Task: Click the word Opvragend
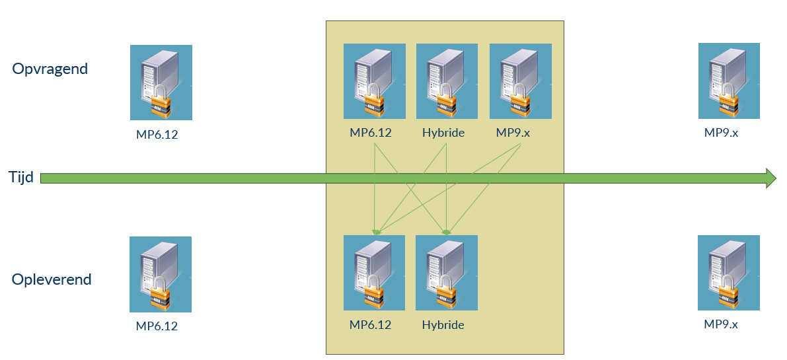pyautogui.click(x=50, y=69)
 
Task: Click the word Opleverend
pyautogui.click(x=52, y=279)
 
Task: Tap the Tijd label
pyautogui.click(x=21, y=177)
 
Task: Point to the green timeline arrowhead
pyautogui.click(x=770, y=178)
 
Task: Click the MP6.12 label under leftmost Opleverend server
pyautogui.click(x=157, y=326)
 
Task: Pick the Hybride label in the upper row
pyautogui.click(x=443, y=133)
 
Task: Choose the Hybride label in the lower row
pyautogui.click(x=443, y=325)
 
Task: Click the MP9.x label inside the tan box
pyautogui.click(x=513, y=133)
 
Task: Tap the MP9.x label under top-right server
pyautogui.click(x=721, y=132)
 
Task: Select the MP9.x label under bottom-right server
pyautogui.click(x=721, y=324)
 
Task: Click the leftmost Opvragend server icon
pyautogui.click(x=161, y=83)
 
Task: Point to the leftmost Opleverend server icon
pyautogui.click(x=161, y=274)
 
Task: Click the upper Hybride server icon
pyautogui.click(x=447, y=81)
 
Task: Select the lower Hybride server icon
pyautogui.click(x=446, y=273)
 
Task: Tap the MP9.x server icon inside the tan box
pyautogui.click(x=520, y=81)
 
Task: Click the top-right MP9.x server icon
pyautogui.click(x=729, y=81)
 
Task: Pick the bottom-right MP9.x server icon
pyautogui.click(x=728, y=272)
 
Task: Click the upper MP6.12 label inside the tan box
pyautogui.click(x=371, y=133)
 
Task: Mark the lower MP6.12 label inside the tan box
pyautogui.click(x=371, y=325)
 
